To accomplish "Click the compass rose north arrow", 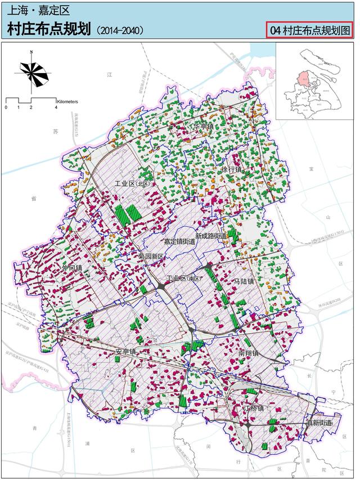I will (33, 70).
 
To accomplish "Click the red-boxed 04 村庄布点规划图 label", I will (309, 30).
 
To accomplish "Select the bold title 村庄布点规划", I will (49, 29).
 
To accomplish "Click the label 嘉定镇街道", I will (179, 241).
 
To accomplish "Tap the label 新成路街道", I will (211, 236).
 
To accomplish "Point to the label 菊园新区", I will (150, 256).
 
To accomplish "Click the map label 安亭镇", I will (126, 352).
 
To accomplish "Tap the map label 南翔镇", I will (248, 353).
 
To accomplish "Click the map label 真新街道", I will (315, 422).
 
